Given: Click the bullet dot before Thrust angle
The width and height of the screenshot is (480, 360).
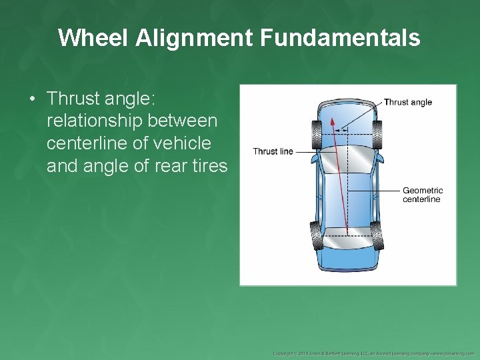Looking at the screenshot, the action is tap(32, 99).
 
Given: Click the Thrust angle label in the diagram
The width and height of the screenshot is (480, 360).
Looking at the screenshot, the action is tap(408, 102).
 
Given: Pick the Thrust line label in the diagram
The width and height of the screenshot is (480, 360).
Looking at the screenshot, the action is tap(273, 151).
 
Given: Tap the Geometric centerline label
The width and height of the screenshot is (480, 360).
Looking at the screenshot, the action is tap(423, 195).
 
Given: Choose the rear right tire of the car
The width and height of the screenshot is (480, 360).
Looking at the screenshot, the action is tap(377, 235).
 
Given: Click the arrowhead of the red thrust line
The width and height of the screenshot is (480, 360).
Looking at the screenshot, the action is tap(332, 122).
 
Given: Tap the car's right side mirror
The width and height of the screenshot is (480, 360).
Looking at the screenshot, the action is tap(379, 161).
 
